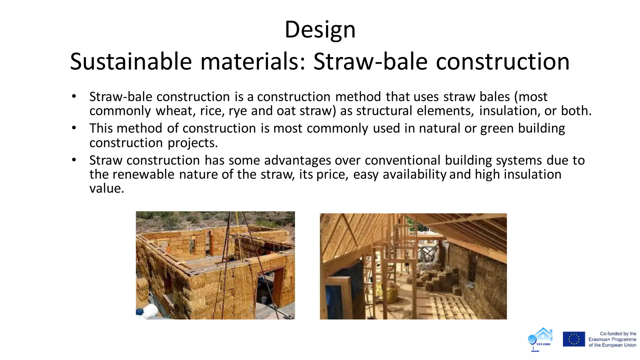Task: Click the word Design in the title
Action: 320,30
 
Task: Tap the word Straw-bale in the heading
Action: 370,62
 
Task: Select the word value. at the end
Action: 107,188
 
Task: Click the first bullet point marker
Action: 74,97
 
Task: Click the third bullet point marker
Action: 74,160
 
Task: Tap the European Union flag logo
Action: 574,339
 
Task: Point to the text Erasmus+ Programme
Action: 612,339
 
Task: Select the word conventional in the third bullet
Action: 402,160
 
